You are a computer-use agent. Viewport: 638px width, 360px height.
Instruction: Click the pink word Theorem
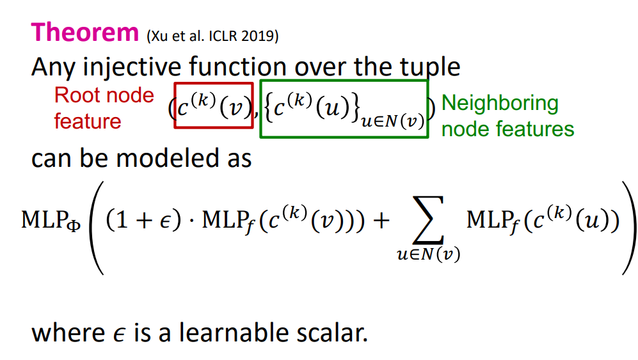pyautogui.click(x=85, y=32)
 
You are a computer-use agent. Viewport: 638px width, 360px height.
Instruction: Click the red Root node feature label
pyautogui.click(x=104, y=108)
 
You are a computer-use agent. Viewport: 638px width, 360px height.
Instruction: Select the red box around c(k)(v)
pyautogui.click(x=175, y=106)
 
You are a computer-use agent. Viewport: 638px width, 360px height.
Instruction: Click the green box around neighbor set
pyautogui.click(x=260, y=109)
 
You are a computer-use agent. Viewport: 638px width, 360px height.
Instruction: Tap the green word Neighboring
pyautogui.click(x=500, y=104)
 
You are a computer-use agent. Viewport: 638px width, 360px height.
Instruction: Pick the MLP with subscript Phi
pyautogui.click(x=51, y=221)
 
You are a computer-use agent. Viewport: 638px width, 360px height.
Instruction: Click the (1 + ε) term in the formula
pyautogui.click(x=143, y=220)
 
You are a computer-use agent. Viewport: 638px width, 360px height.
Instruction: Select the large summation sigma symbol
pyautogui.click(x=429, y=220)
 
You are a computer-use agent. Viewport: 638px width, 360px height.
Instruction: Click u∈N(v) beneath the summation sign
pyautogui.click(x=429, y=254)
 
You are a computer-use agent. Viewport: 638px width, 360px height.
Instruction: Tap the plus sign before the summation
pyautogui.click(x=381, y=221)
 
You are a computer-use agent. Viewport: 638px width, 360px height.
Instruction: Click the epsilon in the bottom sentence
pyautogui.click(x=119, y=335)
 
